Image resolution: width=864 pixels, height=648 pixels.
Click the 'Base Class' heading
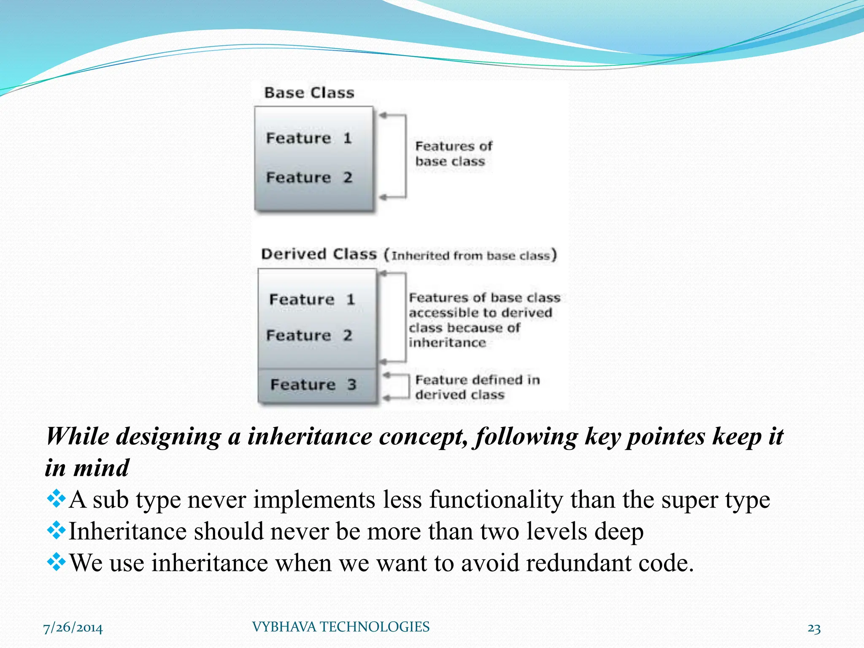pyautogui.click(x=309, y=92)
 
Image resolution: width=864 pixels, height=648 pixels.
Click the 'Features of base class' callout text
pyautogui.click(x=453, y=154)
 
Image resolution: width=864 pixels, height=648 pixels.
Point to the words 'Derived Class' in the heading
pyautogui.click(x=319, y=254)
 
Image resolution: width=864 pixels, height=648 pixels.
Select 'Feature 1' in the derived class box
pyautogui.click(x=312, y=299)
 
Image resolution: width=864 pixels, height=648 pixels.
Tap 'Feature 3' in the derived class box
pyautogui.click(x=313, y=384)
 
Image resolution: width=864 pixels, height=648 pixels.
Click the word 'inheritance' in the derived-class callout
pyautogui.click(x=447, y=343)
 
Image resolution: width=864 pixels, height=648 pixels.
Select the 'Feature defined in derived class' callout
pyautogui.click(x=477, y=387)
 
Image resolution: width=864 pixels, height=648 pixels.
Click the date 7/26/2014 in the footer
pyautogui.click(x=73, y=628)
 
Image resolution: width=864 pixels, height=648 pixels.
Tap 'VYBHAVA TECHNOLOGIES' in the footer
pyautogui.click(x=340, y=627)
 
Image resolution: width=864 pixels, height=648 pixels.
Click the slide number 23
pyautogui.click(x=814, y=629)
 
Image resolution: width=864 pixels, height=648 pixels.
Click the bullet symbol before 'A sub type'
pyautogui.click(x=56, y=499)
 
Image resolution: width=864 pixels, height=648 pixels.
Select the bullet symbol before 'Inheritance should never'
pyautogui.click(x=56, y=530)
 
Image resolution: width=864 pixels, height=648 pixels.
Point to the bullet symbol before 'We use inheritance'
pyautogui.click(x=56, y=562)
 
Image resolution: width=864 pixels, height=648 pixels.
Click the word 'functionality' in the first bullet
pyautogui.click(x=496, y=500)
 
